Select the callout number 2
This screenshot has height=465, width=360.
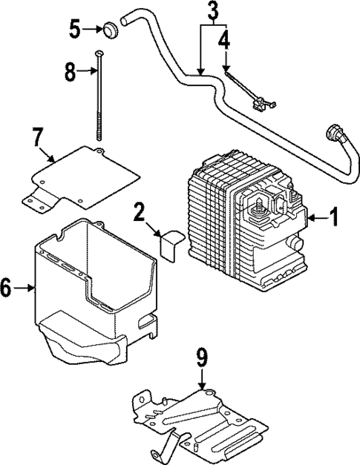pyautogui.click(x=138, y=213)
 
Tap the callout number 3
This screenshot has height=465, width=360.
pyautogui.click(x=213, y=11)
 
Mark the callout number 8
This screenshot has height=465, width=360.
pyautogui.click(x=70, y=71)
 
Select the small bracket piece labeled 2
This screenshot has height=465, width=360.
pyautogui.click(x=171, y=244)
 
